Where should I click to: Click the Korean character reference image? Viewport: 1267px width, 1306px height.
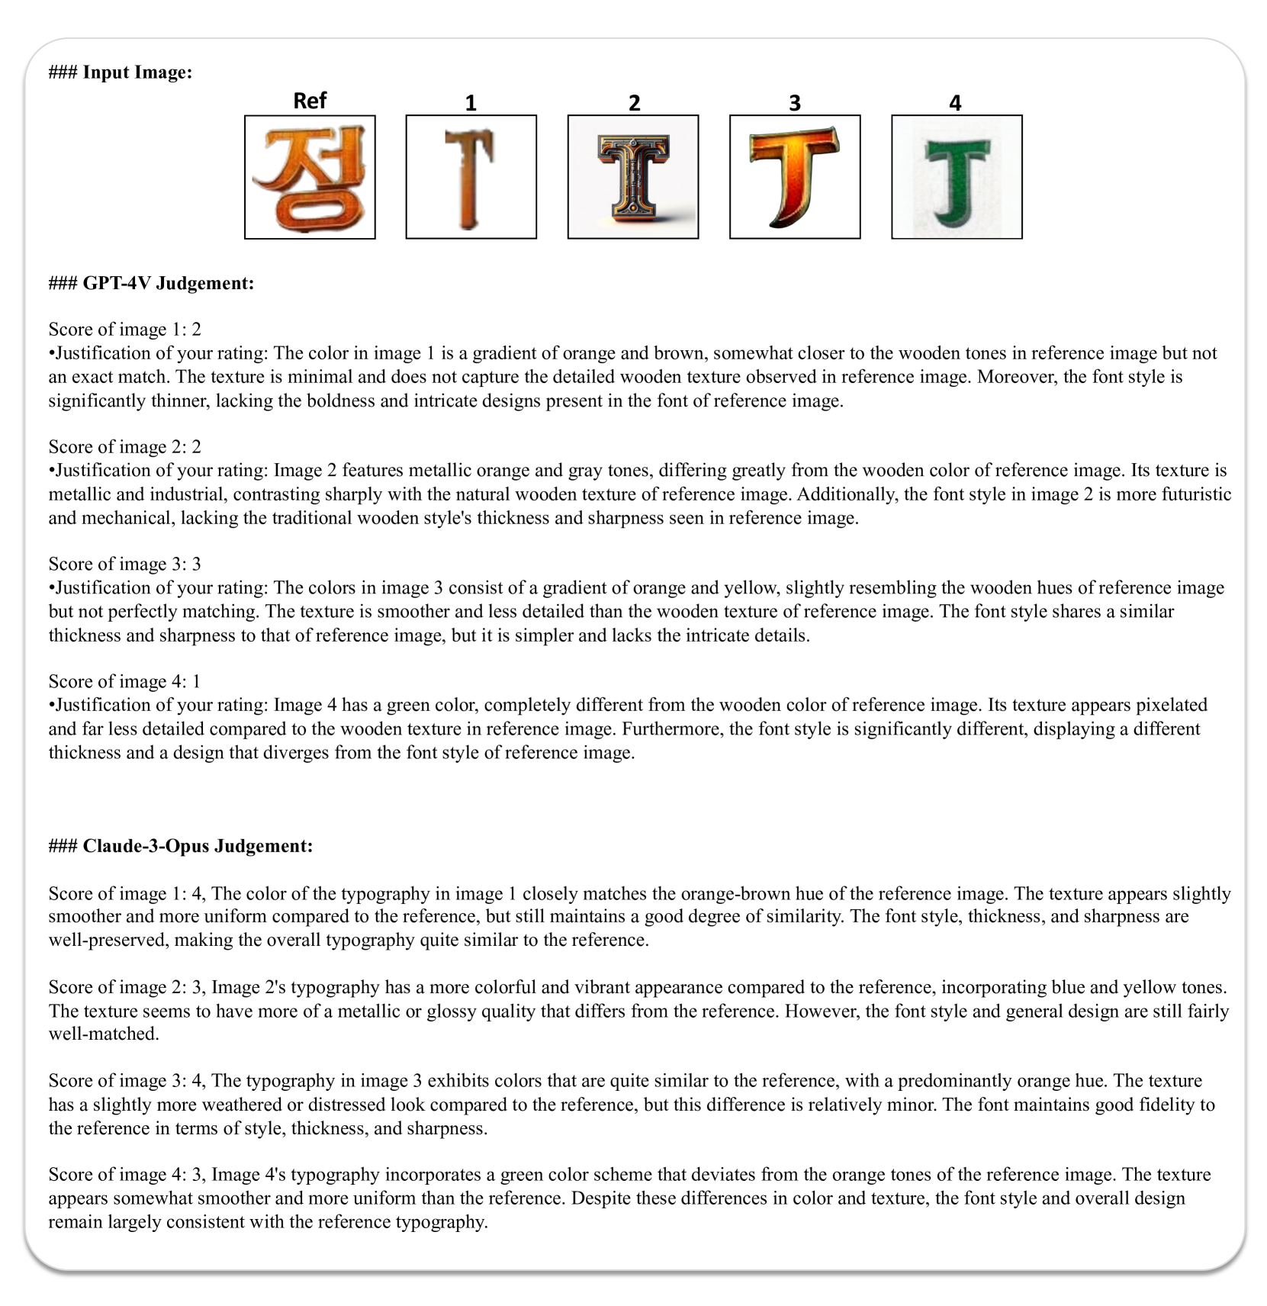310,177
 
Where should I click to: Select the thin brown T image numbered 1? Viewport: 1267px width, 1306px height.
471,177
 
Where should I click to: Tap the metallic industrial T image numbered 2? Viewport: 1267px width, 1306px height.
632,177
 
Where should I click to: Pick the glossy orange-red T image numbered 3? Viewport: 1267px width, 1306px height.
795,177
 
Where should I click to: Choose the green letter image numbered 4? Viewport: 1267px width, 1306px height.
957,177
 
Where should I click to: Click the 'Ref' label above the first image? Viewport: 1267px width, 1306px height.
310,101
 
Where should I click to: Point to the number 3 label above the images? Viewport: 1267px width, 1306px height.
795,103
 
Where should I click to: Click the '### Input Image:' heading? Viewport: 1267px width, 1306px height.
121,72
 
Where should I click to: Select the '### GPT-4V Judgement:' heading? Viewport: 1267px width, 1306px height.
151,283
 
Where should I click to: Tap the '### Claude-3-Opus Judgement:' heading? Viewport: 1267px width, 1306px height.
181,846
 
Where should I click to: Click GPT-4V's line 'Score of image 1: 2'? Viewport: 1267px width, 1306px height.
125,330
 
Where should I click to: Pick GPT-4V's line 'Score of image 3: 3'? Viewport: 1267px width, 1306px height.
125,564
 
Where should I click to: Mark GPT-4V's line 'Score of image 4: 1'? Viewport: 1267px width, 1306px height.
125,681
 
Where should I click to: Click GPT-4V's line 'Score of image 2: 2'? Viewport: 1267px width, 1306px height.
125,447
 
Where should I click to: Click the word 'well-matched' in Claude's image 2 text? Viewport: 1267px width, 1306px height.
104,1034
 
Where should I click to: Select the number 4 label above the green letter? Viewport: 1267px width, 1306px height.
955,103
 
